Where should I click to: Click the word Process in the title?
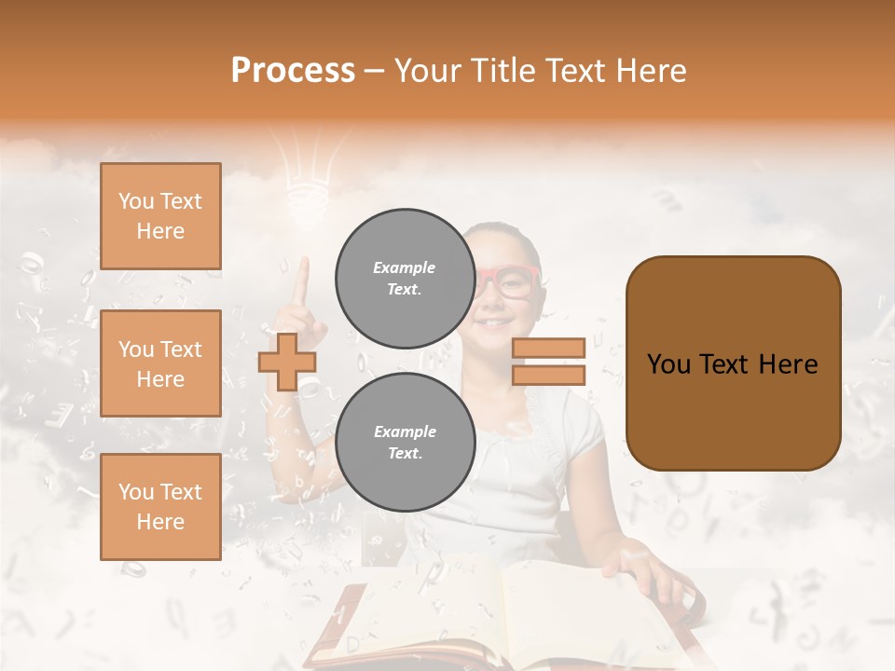tap(293, 71)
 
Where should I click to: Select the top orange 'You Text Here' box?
tap(160, 216)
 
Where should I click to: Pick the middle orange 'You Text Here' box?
tap(160, 363)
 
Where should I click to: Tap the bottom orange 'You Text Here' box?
tap(160, 507)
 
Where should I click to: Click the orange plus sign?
tap(287, 362)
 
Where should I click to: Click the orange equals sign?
tap(548, 362)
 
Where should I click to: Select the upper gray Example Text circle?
tap(405, 279)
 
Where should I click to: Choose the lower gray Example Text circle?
tap(405, 443)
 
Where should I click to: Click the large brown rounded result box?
tap(733, 363)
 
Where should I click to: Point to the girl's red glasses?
tap(508, 282)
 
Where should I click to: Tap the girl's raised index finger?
tap(300, 280)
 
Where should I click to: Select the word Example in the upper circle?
tap(405, 267)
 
